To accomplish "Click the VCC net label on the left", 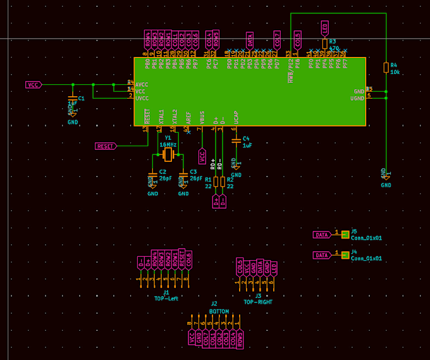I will (x=33, y=84).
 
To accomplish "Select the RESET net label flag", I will (x=106, y=146).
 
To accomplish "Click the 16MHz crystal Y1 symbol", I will (x=168, y=154).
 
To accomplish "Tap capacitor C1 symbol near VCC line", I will (x=73, y=100).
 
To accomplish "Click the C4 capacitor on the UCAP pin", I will (x=236, y=140).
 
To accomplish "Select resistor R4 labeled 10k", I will (x=386, y=68).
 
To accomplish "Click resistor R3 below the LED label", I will (x=325, y=44).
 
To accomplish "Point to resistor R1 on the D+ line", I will (x=216, y=182).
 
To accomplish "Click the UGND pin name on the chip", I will (x=357, y=98).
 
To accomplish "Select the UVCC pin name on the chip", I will (x=142, y=98).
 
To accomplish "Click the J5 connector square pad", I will (x=345, y=235).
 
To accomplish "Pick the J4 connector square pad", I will (x=345, y=255).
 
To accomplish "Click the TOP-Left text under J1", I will (x=166, y=298).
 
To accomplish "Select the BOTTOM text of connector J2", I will (x=219, y=311).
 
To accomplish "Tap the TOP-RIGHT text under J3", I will (x=258, y=302).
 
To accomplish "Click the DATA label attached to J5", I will (x=322, y=235).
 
